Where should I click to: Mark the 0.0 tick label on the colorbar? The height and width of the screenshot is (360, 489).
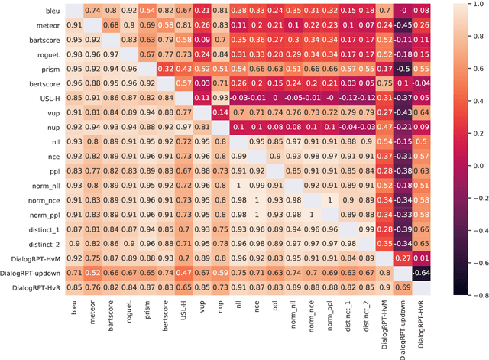pos(471,165)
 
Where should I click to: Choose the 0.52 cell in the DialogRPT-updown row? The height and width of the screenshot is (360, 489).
pos(92,273)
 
